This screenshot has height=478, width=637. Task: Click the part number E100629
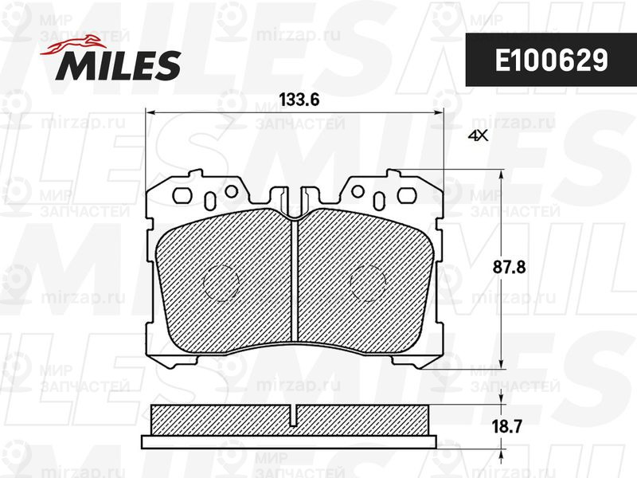pos(552,61)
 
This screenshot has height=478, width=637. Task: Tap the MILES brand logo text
pos(118,65)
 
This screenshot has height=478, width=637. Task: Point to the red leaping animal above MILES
pos(72,45)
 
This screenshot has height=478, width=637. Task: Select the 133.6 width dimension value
pos(299,100)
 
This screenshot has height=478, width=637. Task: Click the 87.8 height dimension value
pos(509,268)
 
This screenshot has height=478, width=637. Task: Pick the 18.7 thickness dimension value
pos(506,427)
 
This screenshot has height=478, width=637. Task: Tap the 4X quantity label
pos(478,135)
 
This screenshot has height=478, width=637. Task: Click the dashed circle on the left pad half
pos(221,284)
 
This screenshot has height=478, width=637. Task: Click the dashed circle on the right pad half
pos(368,284)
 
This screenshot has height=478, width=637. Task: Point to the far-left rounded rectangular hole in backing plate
pos(182,195)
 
